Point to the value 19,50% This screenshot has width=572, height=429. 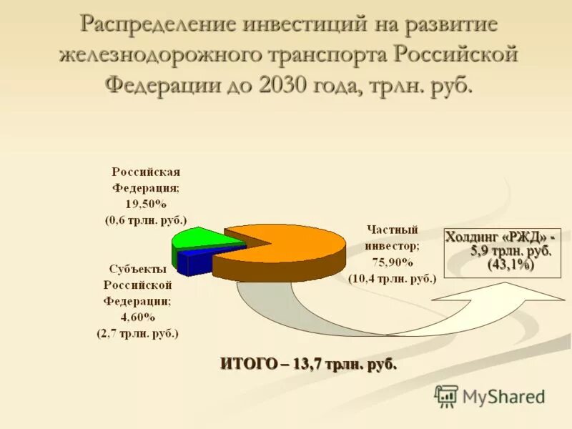[146, 204]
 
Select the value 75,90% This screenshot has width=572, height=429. [393, 262]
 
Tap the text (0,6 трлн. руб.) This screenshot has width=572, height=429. [146, 220]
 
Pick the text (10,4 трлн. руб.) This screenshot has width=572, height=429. [393, 279]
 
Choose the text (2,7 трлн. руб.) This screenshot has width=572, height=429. [137, 332]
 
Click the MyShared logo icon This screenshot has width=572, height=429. [446, 396]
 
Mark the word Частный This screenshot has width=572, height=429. [392, 230]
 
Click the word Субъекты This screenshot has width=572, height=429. [138, 269]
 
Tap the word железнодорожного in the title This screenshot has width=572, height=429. [159, 54]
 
